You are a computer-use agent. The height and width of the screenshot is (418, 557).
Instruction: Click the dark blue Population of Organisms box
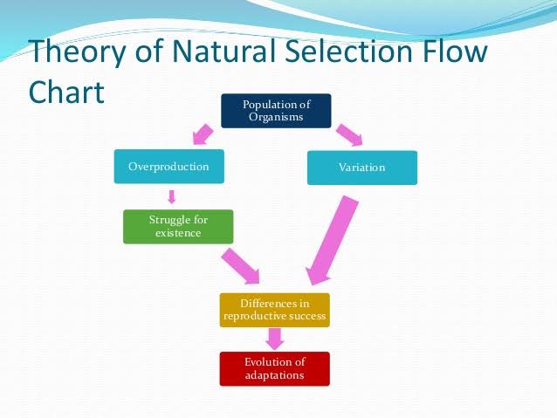click(276, 111)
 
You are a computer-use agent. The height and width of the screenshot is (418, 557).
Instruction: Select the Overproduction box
click(169, 167)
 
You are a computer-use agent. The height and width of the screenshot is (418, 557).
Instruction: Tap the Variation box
click(362, 168)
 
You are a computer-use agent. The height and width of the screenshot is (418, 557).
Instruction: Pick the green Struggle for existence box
click(178, 227)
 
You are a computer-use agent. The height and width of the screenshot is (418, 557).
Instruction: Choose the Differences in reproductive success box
click(275, 310)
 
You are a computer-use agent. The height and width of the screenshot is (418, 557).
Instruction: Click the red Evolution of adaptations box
click(275, 369)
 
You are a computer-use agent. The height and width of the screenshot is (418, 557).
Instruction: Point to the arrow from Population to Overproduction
click(203, 134)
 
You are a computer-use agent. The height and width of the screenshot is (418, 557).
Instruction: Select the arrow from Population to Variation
click(349, 135)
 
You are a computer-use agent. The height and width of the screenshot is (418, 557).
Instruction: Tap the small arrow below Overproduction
click(172, 196)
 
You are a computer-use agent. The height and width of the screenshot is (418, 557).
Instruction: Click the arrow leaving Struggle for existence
click(241, 266)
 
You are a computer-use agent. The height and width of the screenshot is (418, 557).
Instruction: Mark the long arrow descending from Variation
click(332, 241)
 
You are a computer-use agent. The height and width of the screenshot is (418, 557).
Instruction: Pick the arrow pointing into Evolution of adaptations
click(275, 339)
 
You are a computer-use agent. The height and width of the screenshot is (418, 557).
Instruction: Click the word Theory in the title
click(78, 51)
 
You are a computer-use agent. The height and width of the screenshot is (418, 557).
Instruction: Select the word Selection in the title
click(349, 51)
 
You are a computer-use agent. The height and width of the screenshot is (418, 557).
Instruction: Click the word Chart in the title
click(66, 92)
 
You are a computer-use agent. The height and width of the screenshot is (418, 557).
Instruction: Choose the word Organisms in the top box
click(276, 118)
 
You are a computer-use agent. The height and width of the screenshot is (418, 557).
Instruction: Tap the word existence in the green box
click(178, 233)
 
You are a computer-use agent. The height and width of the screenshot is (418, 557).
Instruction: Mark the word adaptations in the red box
click(275, 376)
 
